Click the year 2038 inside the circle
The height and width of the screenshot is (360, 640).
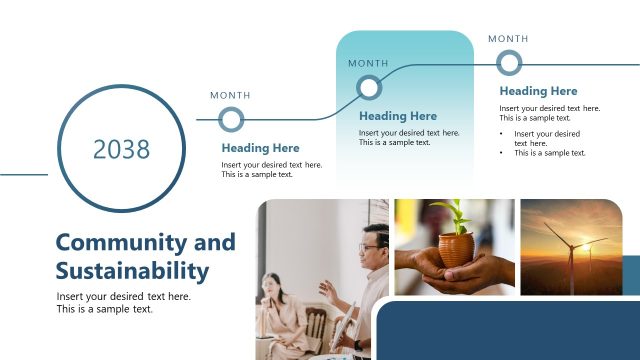tap(121, 149)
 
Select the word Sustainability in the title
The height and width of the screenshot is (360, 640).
tap(132, 270)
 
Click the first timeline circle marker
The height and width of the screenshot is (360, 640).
tap(231, 120)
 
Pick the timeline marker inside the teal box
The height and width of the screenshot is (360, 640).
tap(369, 87)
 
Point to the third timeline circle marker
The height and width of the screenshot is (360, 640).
tap(509, 63)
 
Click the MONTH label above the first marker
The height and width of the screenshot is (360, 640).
tap(230, 95)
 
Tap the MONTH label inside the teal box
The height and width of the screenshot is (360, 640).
tap(368, 63)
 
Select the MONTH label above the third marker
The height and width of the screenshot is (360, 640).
tap(508, 39)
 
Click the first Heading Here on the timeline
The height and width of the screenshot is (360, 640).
tap(260, 148)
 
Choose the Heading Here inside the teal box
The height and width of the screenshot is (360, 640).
tap(398, 116)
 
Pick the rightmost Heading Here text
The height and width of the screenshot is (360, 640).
tap(538, 91)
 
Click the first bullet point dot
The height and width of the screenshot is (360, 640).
tap(502, 133)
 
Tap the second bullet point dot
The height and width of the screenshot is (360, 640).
tap(502, 153)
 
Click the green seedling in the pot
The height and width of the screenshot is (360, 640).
tap(459, 214)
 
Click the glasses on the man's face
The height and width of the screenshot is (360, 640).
tap(371, 245)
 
